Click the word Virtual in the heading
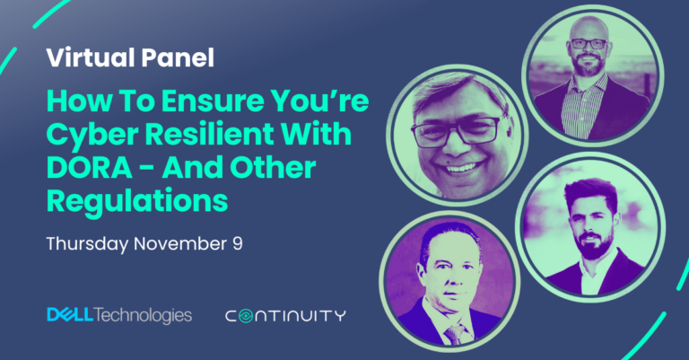pos(85,60)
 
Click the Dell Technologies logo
pos(118,315)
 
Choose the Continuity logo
pos(285,316)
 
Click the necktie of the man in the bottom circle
pos(451,332)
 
